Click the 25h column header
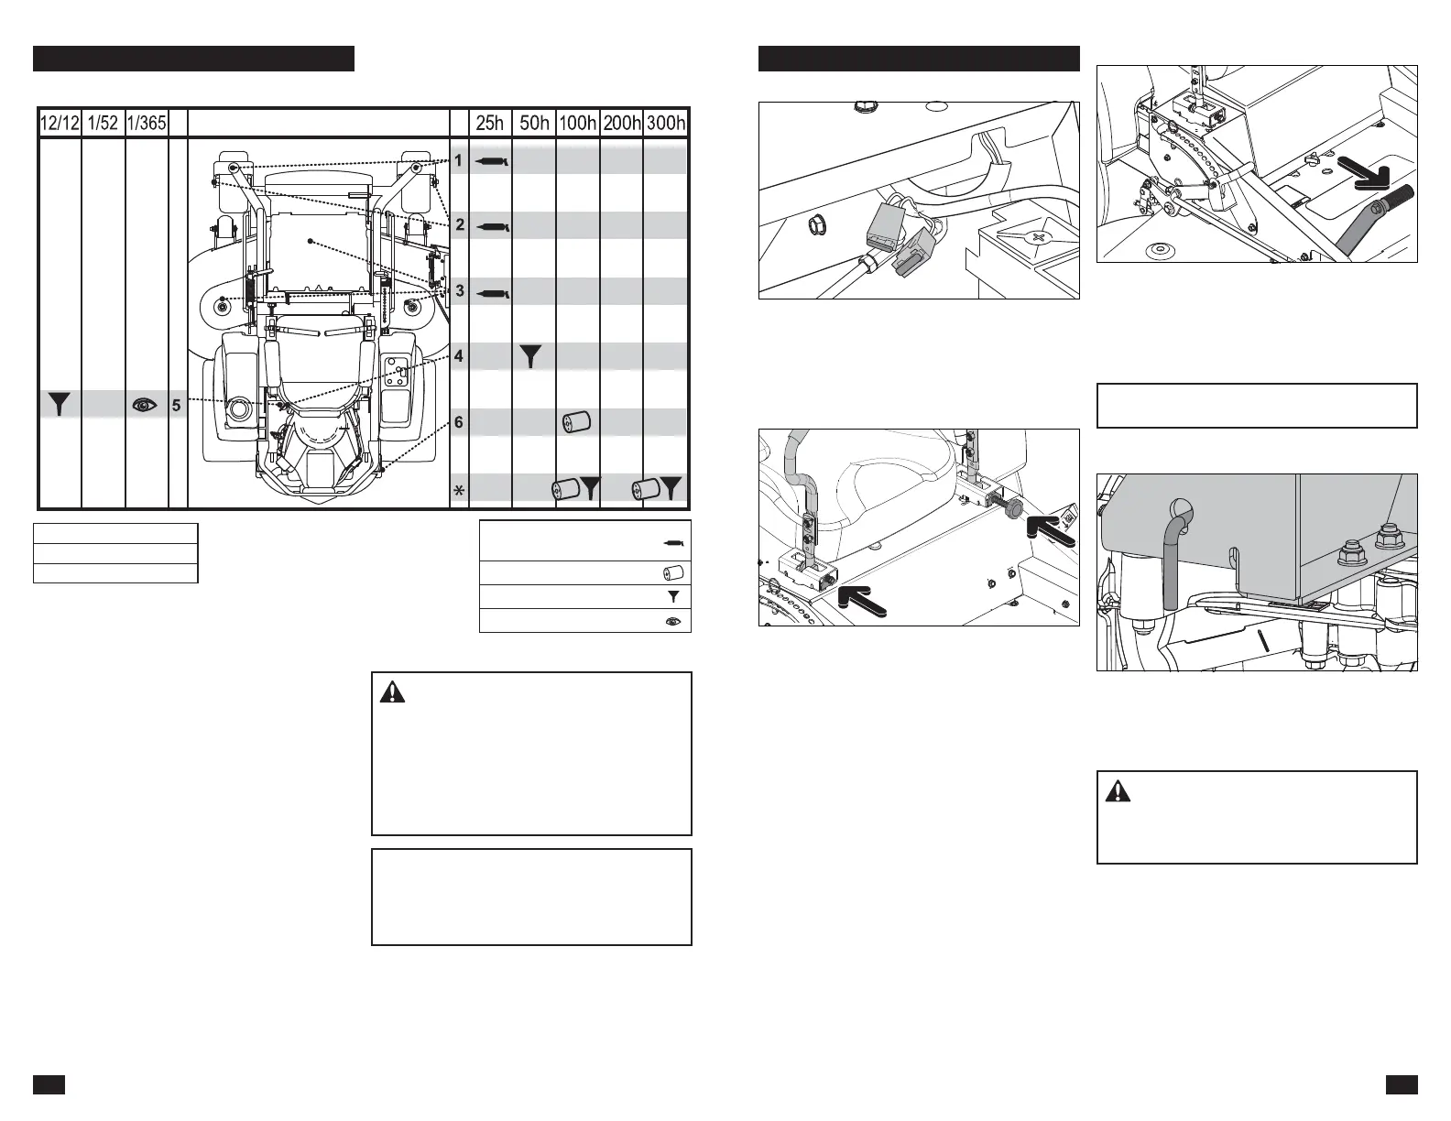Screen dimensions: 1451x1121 pos(490,124)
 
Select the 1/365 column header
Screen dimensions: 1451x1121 pos(147,124)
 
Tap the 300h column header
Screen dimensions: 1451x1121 pos(666,124)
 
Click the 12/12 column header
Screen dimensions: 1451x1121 pos(60,124)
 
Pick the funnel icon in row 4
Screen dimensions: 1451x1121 pos(532,356)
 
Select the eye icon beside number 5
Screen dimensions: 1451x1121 pos(145,405)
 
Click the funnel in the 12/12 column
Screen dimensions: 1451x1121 pos(60,405)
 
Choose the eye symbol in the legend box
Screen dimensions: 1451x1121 pos(673,621)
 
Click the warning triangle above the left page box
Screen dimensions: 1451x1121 pos(392,693)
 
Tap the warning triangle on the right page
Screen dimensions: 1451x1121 pos(1118,791)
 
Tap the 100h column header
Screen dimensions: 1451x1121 pos(577,124)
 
